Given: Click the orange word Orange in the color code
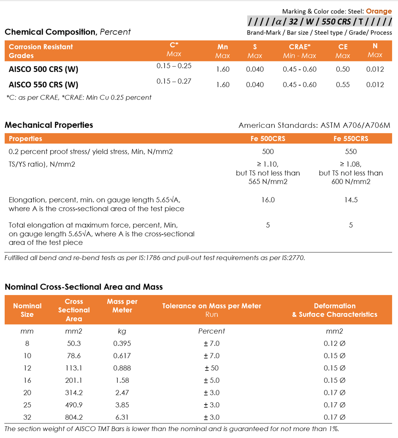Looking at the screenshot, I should tap(379, 11).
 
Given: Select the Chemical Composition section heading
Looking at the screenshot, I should tap(51, 32).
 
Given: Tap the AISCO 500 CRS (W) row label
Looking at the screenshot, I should tap(44, 70).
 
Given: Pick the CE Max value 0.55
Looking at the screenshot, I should tap(343, 85).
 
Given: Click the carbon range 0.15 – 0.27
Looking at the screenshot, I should tap(174, 81).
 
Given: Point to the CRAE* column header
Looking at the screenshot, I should tap(300, 47).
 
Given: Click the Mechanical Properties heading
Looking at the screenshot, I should tap(49, 125).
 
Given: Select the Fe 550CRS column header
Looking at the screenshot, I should tap(351, 139).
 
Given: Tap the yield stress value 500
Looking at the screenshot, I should tap(268, 152).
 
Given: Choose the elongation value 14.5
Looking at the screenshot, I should tap(351, 200).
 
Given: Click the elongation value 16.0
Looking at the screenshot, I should tap(268, 200).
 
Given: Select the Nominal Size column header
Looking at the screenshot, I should tap(27, 310).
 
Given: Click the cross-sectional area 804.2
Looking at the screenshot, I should tap(74, 417).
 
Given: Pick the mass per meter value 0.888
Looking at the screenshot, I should tap(122, 368).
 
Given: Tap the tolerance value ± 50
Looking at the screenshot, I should tap(211, 368).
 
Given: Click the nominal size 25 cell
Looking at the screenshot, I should tap(27, 405).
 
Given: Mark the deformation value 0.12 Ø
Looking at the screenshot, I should tap(335, 343).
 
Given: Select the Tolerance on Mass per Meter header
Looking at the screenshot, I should tap(211, 306).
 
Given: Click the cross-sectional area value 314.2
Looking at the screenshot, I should tap(74, 393).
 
